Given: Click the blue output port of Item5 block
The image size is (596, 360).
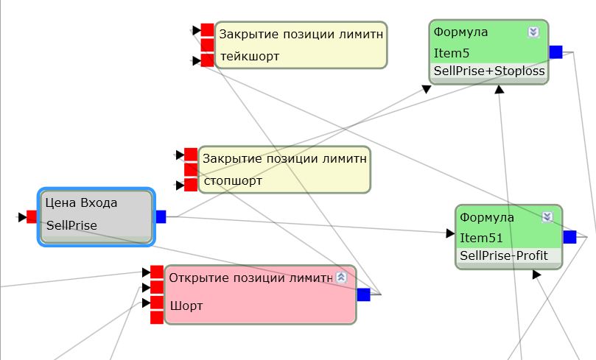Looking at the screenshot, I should click(555, 52).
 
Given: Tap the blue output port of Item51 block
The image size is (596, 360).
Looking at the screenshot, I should click(569, 236).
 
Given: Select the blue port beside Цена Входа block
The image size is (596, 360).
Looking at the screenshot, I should click(161, 216).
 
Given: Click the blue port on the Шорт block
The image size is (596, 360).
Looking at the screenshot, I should click(363, 294).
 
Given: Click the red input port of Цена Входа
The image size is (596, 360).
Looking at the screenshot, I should click(32, 216).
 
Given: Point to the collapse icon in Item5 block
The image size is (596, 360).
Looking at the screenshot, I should click(534, 32).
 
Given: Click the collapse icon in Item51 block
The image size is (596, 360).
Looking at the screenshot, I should click(547, 216).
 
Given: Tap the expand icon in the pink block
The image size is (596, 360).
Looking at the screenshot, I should click(340, 277).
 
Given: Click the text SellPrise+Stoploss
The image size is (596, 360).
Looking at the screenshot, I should click(489, 71).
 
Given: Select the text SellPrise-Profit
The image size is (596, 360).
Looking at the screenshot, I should click(504, 255).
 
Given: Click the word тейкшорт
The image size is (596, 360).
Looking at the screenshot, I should click(250, 56).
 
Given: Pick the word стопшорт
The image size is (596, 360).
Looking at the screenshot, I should click(233, 180).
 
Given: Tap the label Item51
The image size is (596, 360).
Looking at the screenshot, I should click(481, 238).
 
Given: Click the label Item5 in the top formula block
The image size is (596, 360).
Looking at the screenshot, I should click(452, 53).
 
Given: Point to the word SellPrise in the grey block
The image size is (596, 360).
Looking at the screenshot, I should click(71, 225).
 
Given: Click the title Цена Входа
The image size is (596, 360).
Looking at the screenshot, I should click(81, 202).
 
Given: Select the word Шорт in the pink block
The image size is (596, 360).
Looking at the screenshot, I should click(186, 306).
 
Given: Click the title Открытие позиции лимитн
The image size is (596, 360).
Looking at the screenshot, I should click(251, 278).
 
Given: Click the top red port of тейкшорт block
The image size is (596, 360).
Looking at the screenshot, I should click(207, 30).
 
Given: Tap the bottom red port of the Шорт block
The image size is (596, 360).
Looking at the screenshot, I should click(156, 317).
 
